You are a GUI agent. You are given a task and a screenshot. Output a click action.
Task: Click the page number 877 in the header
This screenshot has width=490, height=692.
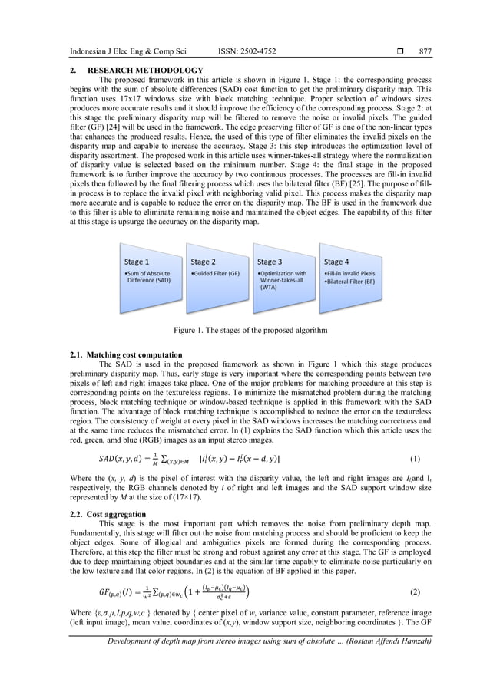point(425,51)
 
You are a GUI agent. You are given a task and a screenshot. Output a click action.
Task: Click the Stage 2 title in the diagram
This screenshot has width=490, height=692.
point(204,262)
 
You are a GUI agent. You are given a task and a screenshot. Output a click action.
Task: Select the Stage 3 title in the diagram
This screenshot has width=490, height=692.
point(270,262)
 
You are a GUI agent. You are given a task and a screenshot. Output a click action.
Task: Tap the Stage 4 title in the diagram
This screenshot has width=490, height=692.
point(337,262)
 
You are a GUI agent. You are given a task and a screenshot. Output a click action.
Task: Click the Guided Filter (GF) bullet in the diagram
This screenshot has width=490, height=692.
point(216,273)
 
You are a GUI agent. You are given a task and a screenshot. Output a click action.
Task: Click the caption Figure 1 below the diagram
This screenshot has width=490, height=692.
point(244,330)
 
